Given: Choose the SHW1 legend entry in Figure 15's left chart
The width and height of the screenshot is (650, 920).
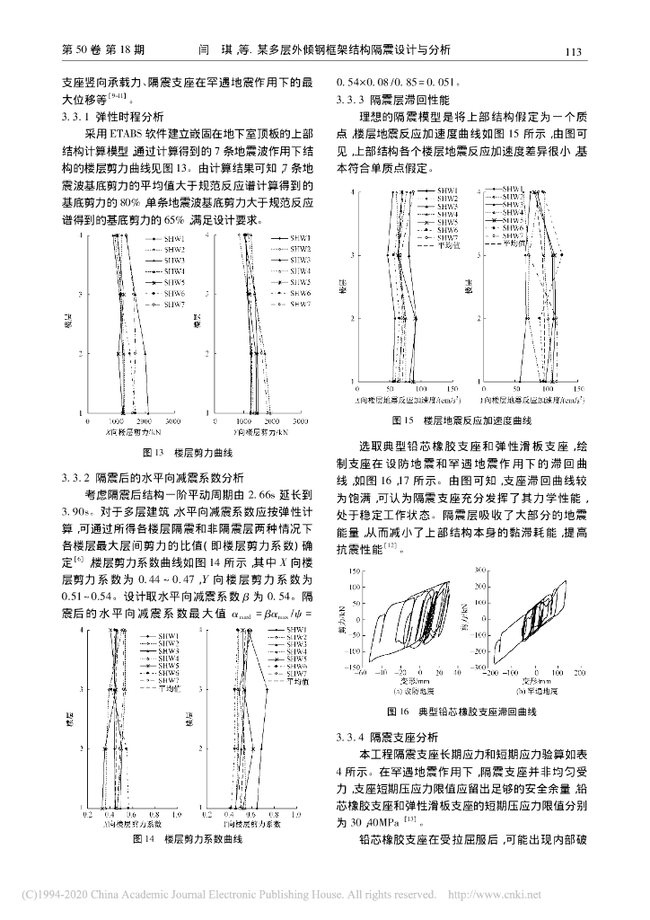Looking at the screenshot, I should [447, 191].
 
